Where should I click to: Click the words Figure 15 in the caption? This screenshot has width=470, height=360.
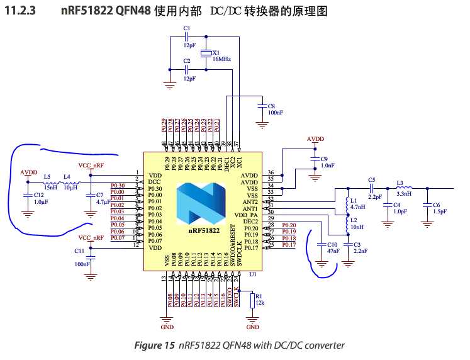(155, 345)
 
